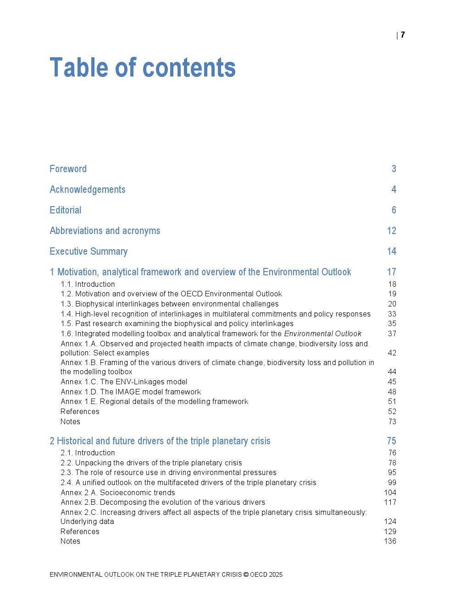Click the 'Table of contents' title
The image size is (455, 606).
(143, 68)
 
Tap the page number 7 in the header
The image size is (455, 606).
(403, 35)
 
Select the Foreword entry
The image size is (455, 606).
(68, 169)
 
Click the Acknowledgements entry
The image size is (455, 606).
(87, 190)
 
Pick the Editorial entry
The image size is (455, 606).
(66, 210)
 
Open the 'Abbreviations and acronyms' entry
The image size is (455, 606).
(105, 231)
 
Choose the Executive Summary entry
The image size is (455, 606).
(89, 251)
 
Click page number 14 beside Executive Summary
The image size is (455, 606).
(391, 251)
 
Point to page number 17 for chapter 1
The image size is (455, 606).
(391, 272)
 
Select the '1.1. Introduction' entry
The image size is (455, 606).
(88, 284)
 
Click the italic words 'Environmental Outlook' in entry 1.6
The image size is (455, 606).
(322, 334)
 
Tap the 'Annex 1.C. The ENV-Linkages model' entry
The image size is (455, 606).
(124, 382)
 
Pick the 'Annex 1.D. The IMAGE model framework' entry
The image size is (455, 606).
(131, 392)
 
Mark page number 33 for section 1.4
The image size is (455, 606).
(392, 314)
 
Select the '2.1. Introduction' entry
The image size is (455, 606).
(88, 453)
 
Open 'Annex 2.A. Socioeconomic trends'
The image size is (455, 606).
(117, 493)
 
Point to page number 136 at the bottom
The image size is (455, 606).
(390, 541)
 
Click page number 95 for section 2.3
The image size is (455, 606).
(392, 473)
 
